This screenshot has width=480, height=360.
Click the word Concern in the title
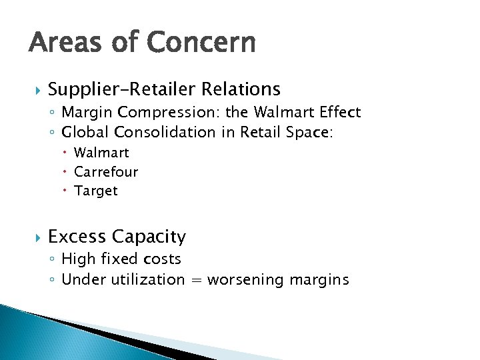click(x=201, y=43)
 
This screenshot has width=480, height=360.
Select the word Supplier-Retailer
click(x=114, y=89)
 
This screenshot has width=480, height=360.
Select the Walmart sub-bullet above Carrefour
click(x=101, y=153)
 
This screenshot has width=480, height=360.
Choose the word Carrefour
click(x=106, y=172)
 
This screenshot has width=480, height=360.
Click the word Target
click(x=96, y=191)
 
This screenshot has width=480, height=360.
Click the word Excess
click(x=77, y=237)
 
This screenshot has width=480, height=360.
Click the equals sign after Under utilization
click(x=196, y=280)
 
